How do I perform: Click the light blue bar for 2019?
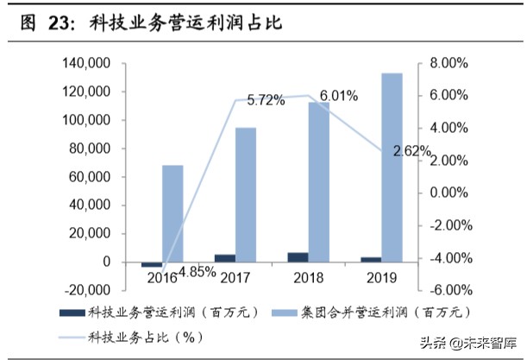click(392, 167)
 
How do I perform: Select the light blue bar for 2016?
click(172, 212)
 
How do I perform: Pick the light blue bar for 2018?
click(319, 180)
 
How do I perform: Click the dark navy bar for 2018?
click(297, 256)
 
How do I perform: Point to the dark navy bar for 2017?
click(224, 257)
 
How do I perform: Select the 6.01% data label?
click(339, 95)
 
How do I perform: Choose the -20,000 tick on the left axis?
click(85, 290)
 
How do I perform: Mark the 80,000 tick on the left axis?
click(89, 148)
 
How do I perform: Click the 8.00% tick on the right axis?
click(449, 64)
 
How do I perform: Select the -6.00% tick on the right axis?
click(448, 290)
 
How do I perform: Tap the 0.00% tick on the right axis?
click(449, 193)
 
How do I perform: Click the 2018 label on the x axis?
click(308, 278)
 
